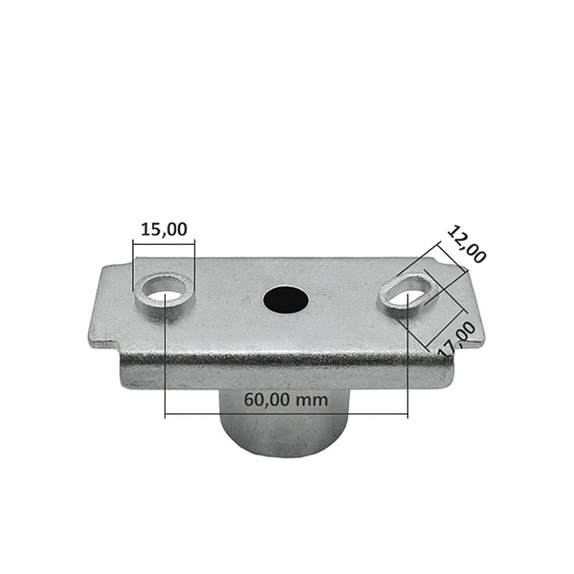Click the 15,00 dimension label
coord(164,230)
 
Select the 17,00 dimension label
coord(457,339)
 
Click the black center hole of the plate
coord(285,300)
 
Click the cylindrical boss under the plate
coord(285,425)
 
